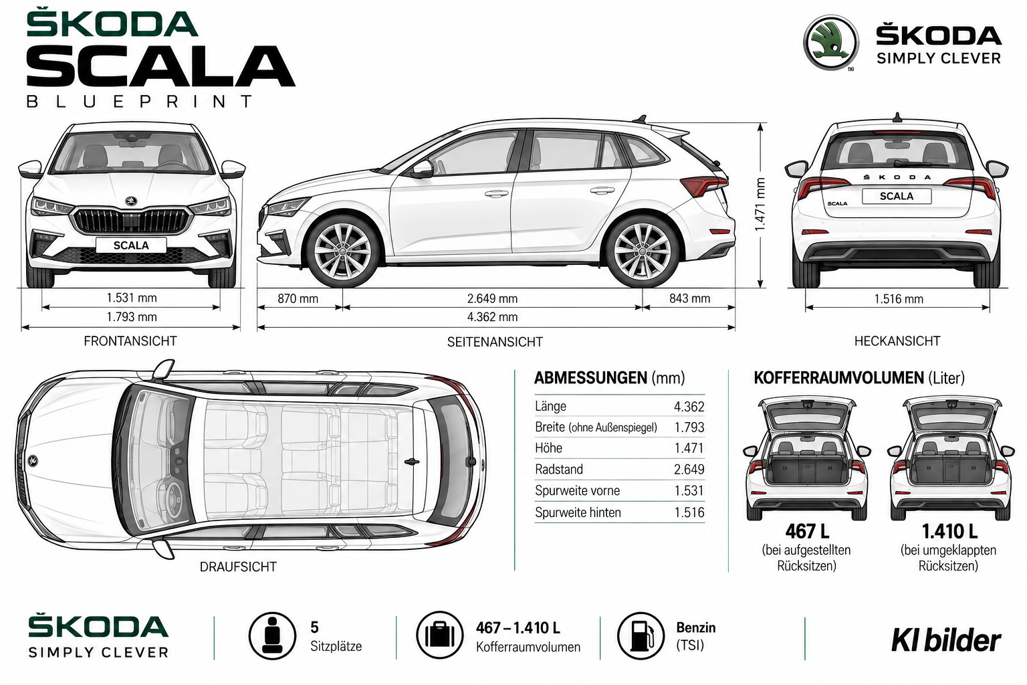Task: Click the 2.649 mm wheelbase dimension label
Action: pyautogui.click(x=492, y=298)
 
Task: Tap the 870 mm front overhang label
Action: pyautogui.click(x=298, y=298)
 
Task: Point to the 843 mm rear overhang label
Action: pyautogui.click(x=689, y=298)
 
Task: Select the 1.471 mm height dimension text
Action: pyautogui.click(x=760, y=205)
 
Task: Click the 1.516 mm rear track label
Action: pyautogui.click(x=898, y=299)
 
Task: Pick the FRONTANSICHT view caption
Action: pyautogui.click(x=130, y=341)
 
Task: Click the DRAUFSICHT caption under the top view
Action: pyautogui.click(x=238, y=567)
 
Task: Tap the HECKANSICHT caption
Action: pyautogui.click(x=897, y=341)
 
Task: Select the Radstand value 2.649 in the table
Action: pyautogui.click(x=689, y=470)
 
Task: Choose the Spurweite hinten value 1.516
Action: pyautogui.click(x=689, y=512)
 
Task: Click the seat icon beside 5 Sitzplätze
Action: pyautogui.click(x=272, y=635)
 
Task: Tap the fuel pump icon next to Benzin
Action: pyautogui.click(x=641, y=635)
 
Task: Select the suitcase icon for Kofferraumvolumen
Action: pyautogui.click(x=440, y=635)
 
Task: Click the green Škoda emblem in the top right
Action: pyautogui.click(x=831, y=43)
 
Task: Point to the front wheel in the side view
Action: pyautogui.click(x=343, y=252)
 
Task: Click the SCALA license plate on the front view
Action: pyautogui.click(x=131, y=246)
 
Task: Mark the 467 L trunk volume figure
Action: pyautogui.click(x=807, y=531)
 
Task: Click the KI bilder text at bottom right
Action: pyautogui.click(x=946, y=640)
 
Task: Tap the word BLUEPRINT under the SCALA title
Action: pyautogui.click(x=139, y=101)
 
